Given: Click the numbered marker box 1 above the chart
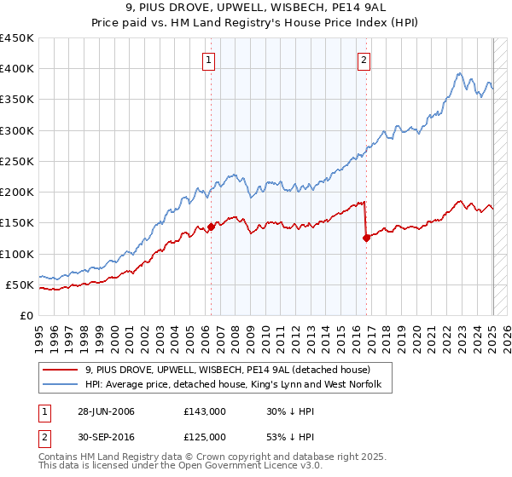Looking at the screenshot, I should point(209,60).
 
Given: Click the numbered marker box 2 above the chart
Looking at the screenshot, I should point(364,60).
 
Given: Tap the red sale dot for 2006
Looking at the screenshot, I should point(211,227).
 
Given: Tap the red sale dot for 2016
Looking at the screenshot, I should point(366,238).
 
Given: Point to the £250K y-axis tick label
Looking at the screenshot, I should point(16,161).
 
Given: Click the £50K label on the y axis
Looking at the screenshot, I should point(20,284).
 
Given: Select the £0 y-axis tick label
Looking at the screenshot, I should point(27,315).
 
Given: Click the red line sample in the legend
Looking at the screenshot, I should point(61,371).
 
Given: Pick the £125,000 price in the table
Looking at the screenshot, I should point(205,437).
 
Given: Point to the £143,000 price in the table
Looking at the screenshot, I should point(205,411).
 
